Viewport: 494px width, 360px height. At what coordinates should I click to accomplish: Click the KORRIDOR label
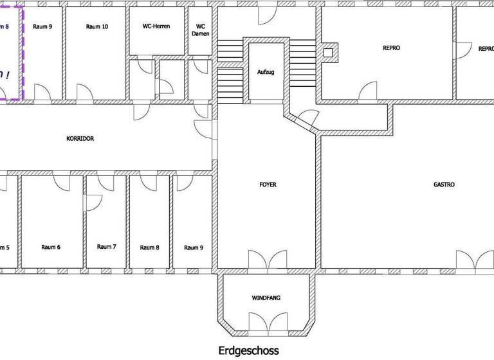pyautogui.click(x=80, y=138)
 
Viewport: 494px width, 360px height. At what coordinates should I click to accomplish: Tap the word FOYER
pyautogui.click(x=268, y=184)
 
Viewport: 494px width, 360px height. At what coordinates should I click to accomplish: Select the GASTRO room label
pyautogui.click(x=444, y=184)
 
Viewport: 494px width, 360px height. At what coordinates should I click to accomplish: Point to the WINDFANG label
pyautogui.click(x=266, y=298)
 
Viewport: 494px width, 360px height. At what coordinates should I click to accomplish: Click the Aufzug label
pyautogui.click(x=266, y=72)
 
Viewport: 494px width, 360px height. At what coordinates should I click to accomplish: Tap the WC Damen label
pyautogui.click(x=201, y=30)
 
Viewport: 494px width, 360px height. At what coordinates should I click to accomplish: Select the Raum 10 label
pyautogui.click(x=96, y=27)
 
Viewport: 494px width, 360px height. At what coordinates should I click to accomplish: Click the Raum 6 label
pyautogui.click(x=51, y=247)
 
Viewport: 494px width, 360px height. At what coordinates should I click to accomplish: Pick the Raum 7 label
pyautogui.click(x=106, y=247)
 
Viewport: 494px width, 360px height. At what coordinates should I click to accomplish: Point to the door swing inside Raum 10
pyautogui.click(x=84, y=93)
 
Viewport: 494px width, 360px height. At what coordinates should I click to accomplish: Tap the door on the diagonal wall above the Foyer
pyautogui.click(x=308, y=118)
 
